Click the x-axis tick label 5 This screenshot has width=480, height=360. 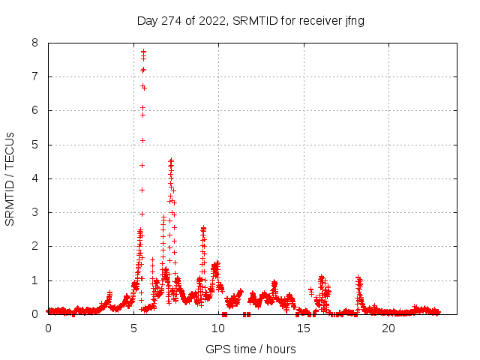133,328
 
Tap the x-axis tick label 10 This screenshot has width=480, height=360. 218,328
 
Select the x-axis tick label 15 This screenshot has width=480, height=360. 304,328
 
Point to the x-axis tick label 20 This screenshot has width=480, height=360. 388,328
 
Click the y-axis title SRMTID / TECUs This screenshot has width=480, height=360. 10,178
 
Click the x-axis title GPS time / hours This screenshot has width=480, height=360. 250,349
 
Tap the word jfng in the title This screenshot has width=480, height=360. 354,20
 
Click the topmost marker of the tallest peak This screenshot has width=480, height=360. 143,52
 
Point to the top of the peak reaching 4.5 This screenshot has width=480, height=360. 171,160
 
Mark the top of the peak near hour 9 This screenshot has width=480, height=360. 203,228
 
